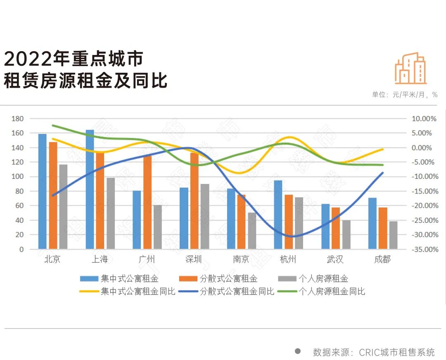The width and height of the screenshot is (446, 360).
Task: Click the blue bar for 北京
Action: (x=42, y=191)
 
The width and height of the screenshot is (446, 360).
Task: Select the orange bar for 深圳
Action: (x=195, y=201)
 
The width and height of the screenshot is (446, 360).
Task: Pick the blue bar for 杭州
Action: (x=278, y=215)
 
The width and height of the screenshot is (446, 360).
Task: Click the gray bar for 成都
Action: (x=393, y=235)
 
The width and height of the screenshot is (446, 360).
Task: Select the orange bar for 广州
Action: (x=147, y=202)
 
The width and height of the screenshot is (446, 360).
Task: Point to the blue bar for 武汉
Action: (x=325, y=226)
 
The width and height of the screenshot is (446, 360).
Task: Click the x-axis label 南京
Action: (x=241, y=260)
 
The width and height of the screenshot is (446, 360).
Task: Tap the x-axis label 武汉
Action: (x=335, y=260)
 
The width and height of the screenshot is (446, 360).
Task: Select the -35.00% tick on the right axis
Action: (x=424, y=250)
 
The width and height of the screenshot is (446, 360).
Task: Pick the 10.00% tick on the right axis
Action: (x=425, y=119)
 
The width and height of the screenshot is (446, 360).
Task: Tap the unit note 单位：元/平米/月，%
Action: (x=404, y=95)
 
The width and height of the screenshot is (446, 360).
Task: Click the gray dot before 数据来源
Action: (x=297, y=351)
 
